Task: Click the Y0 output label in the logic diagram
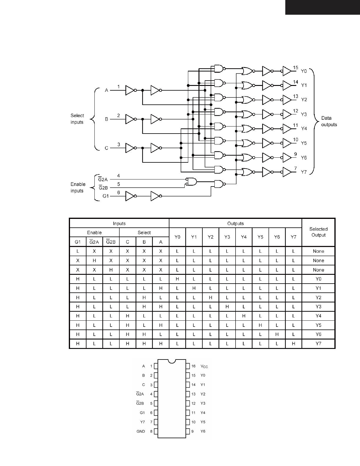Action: tap(304, 71)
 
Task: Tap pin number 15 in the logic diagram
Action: tap(296, 68)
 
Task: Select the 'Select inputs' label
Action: tap(77, 119)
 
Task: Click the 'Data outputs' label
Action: tap(329, 121)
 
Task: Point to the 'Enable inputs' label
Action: tap(78, 187)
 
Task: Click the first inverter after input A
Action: tap(130, 90)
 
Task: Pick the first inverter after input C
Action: tap(130, 148)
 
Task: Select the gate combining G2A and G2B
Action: tap(191, 182)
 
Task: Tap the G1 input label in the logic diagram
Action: tap(106, 196)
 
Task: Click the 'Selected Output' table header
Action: tap(318, 232)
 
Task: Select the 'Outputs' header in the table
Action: tap(235, 224)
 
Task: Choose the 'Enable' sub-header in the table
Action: tap(94, 232)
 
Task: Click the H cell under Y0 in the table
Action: tap(177, 279)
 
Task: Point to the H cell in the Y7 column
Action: tap(294, 344)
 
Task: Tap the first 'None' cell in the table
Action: tap(318, 251)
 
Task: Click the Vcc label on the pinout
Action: tap(204, 366)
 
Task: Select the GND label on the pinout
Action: tap(141, 431)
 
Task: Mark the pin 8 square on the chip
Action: tap(156, 432)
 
